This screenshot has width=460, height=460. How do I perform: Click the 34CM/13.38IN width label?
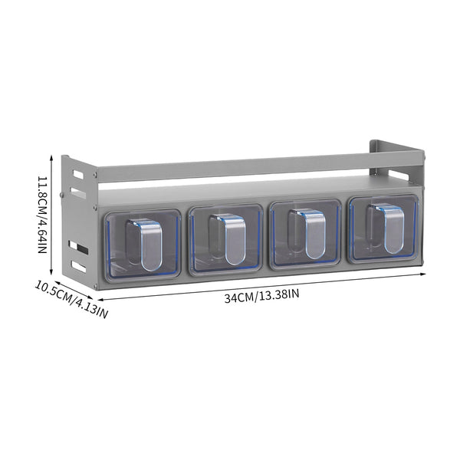(262, 295)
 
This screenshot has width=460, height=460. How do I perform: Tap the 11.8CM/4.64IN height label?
(42, 215)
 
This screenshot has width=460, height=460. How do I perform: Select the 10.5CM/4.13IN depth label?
(71, 300)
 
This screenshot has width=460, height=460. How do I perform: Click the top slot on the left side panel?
(78, 174)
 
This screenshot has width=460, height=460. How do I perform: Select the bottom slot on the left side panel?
(79, 267)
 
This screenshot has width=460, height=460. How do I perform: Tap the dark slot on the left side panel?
(79, 248)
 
